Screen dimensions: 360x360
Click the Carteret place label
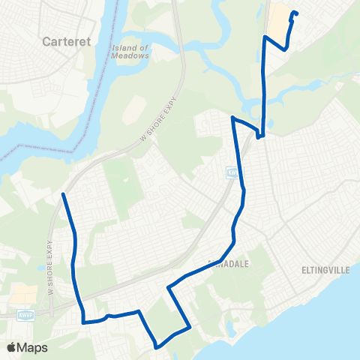67,42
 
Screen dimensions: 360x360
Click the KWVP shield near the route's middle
232,173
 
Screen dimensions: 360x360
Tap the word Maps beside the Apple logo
34,347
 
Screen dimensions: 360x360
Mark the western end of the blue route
63,194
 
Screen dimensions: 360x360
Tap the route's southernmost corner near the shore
156,346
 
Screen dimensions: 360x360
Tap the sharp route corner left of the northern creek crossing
234,118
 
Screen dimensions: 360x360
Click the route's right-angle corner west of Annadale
169,286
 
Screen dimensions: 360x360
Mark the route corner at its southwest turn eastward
83,322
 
